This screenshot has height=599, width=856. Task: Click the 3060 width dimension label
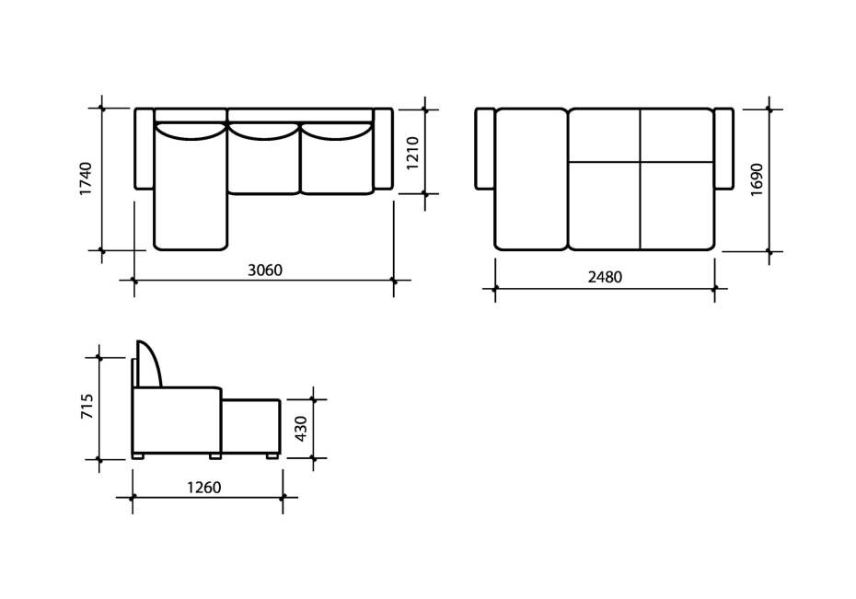pos(265,270)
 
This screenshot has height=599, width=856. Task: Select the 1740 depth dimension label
pos(87,179)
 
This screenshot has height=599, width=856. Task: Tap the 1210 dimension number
pos(412,154)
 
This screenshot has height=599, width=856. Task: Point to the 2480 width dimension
pos(605,277)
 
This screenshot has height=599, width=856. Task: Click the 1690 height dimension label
pos(757,179)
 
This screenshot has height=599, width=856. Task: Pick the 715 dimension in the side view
pos(87,407)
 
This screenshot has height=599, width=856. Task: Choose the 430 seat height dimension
pos(301,429)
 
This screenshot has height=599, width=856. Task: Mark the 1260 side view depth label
pos(204,487)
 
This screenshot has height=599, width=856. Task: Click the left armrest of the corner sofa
pos(145,148)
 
